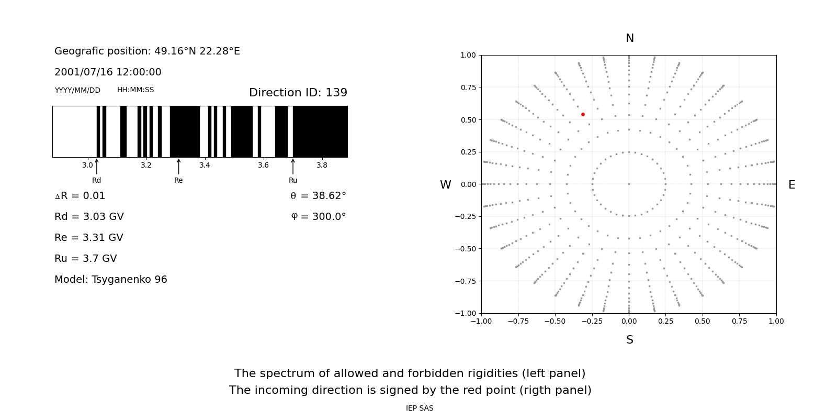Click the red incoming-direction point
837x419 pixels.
click(583, 114)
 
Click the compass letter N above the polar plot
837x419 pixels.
click(629, 38)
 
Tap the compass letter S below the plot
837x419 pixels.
click(629, 340)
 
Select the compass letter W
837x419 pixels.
click(445, 185)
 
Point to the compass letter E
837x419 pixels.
click(791, 185)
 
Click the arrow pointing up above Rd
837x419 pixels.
click(97, 166)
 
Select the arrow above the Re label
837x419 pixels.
click(178, 166)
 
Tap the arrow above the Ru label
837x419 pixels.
click(293, 166)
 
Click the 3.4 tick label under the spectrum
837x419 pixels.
click(205, 165)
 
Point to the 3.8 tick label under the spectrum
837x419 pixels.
click(322, 165)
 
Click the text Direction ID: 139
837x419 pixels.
click(298, 93)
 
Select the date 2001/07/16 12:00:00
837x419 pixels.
click(108, 72)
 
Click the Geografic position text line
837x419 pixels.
click(147, 51)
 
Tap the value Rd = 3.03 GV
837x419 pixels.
click(89, 217)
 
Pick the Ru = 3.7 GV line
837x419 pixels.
click(85, 259)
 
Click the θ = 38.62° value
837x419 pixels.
click(318, 196)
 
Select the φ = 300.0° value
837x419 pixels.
click(318, 217)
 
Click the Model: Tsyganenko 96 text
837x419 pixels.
click(110, 280)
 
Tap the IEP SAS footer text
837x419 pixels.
click(419, 409)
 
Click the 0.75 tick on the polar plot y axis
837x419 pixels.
click(468, 87)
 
